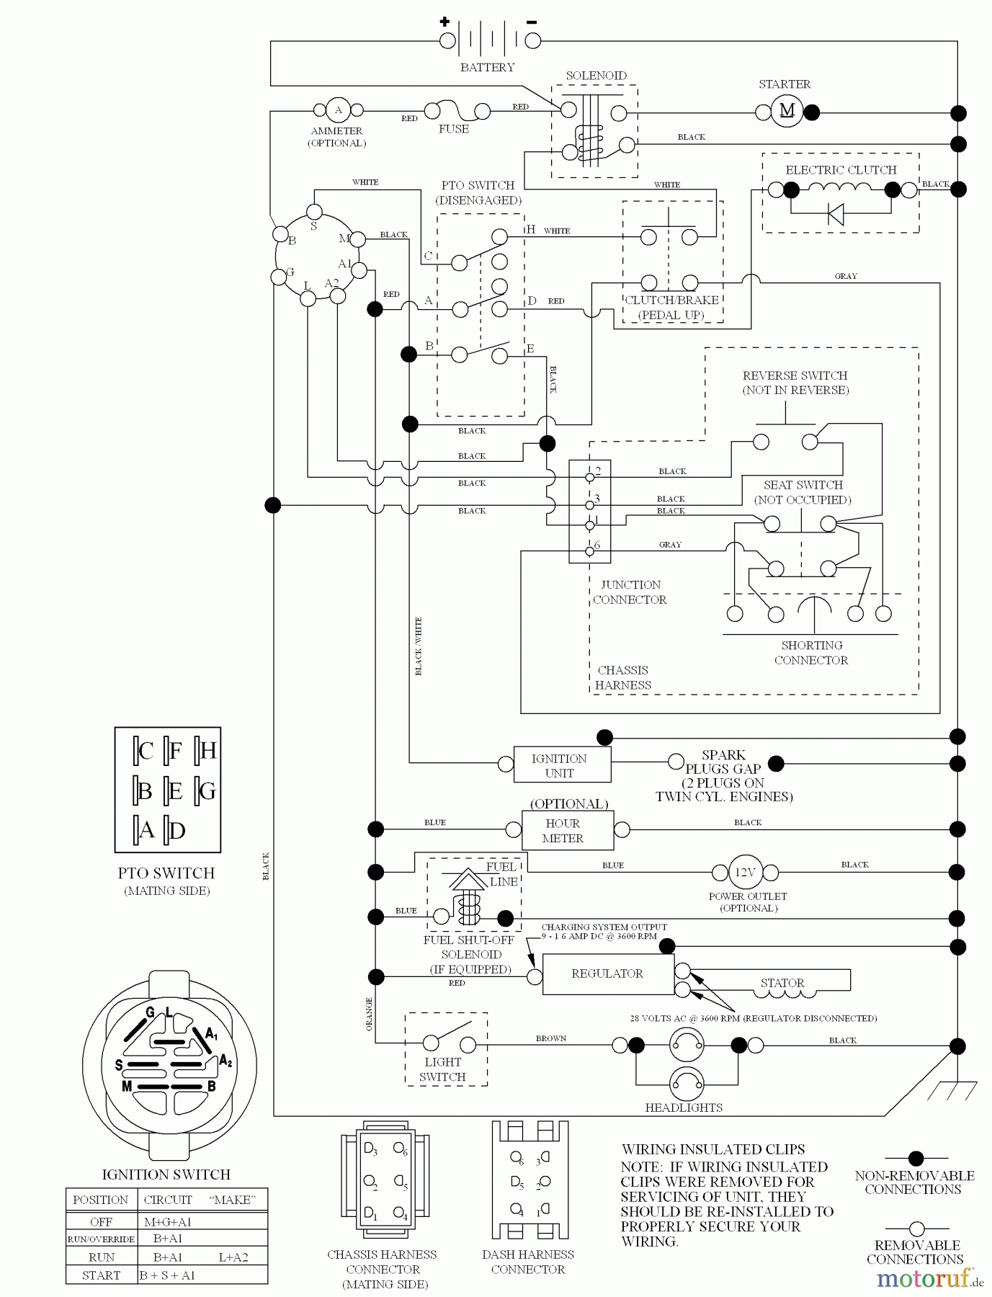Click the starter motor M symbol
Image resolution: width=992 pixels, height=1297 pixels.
click(786, 111)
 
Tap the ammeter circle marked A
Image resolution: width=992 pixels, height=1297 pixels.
click(338, 110)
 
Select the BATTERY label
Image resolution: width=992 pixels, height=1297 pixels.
click(488, 67)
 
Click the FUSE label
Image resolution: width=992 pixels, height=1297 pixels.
click(454, 129)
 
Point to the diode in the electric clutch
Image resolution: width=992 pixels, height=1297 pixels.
click(836, 214)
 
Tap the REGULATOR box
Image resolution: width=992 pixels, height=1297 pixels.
click(607, 973)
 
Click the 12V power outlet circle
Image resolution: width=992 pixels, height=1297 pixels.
click(744, 872)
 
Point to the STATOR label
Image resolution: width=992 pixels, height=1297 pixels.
click(782, 983)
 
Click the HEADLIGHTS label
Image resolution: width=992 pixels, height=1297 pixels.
click(684, 1107)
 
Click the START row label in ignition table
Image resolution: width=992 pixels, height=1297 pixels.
click(101, 1275)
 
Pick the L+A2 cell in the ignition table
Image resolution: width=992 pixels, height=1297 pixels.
click(233, 1257)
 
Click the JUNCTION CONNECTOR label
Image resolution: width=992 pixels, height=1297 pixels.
click(630, 592)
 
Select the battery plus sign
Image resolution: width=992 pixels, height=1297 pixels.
click(444, 22)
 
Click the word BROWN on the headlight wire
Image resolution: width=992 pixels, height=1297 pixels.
click(551, 1038)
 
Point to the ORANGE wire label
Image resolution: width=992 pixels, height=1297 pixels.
click(369, 1014)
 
